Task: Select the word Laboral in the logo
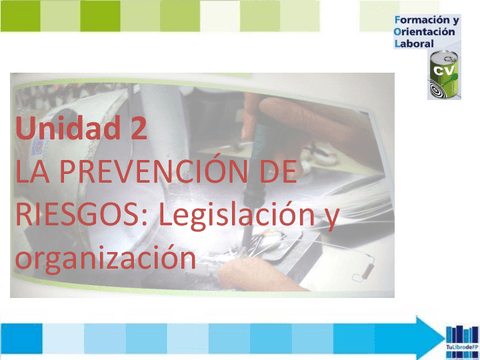click(x=414, y=45)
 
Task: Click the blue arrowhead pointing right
click(x=431, y=338)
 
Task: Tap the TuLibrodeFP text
click(x=461, y=353)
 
